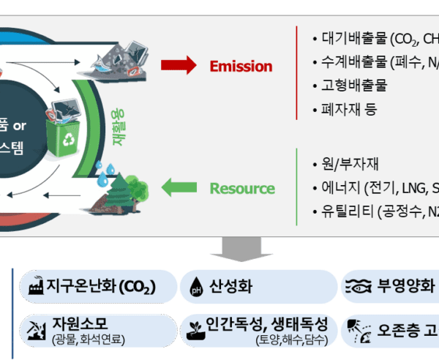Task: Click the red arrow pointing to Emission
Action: coord(179,65)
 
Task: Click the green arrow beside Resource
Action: coord(179,188)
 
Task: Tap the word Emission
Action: coord(241,66)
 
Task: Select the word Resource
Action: coord(242,188)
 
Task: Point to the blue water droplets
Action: coord(109,170)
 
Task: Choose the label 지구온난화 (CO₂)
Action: coord(102,286)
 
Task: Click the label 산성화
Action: coord(230,286)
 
